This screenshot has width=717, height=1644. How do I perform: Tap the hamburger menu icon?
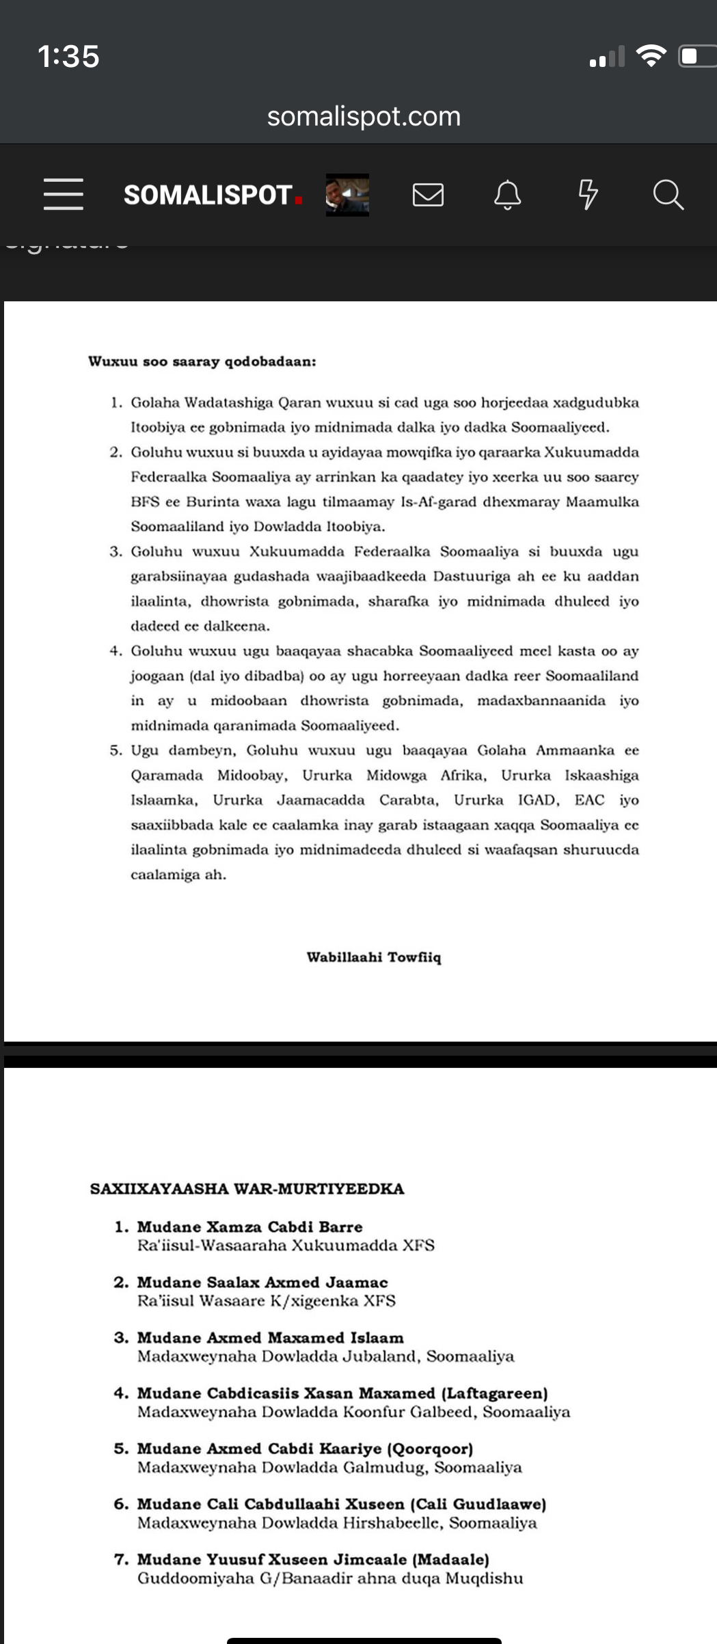pos(64,194)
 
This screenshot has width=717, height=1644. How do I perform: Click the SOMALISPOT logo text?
pos(208,195)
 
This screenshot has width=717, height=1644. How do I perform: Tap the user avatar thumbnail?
pos(347,195)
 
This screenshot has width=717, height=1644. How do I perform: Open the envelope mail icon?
pos(429,195)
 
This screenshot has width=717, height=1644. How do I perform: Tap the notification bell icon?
pos(508,195)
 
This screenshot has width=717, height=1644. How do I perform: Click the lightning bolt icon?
pos(588,195)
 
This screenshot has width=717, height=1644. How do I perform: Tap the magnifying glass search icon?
pos(668,195)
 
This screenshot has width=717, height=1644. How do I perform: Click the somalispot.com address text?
pos(364,116)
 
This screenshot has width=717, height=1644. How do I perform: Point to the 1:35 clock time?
pos(68,56)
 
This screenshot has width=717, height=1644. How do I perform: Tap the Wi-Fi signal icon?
pos(651,55)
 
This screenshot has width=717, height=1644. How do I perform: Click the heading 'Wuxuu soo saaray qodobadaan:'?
pos(202,361)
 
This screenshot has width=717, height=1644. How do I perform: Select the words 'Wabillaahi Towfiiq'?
pos(374,957)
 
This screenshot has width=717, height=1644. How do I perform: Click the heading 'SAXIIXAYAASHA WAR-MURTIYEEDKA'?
pos(247,1188)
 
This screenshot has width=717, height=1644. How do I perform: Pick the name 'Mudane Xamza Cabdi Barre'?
pos(249,1227)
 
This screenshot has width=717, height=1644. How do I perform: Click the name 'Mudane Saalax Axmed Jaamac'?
pos(262,1282)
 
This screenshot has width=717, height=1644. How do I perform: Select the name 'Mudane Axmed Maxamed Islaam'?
pos(270,1337)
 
